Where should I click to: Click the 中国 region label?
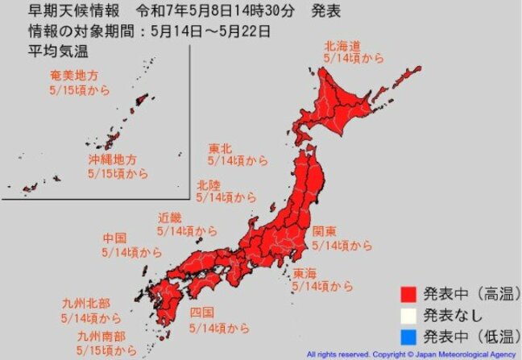[x=114, y=238]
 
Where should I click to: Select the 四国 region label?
[x=201, y=312]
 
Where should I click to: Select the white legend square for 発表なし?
[x=408, y=315]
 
